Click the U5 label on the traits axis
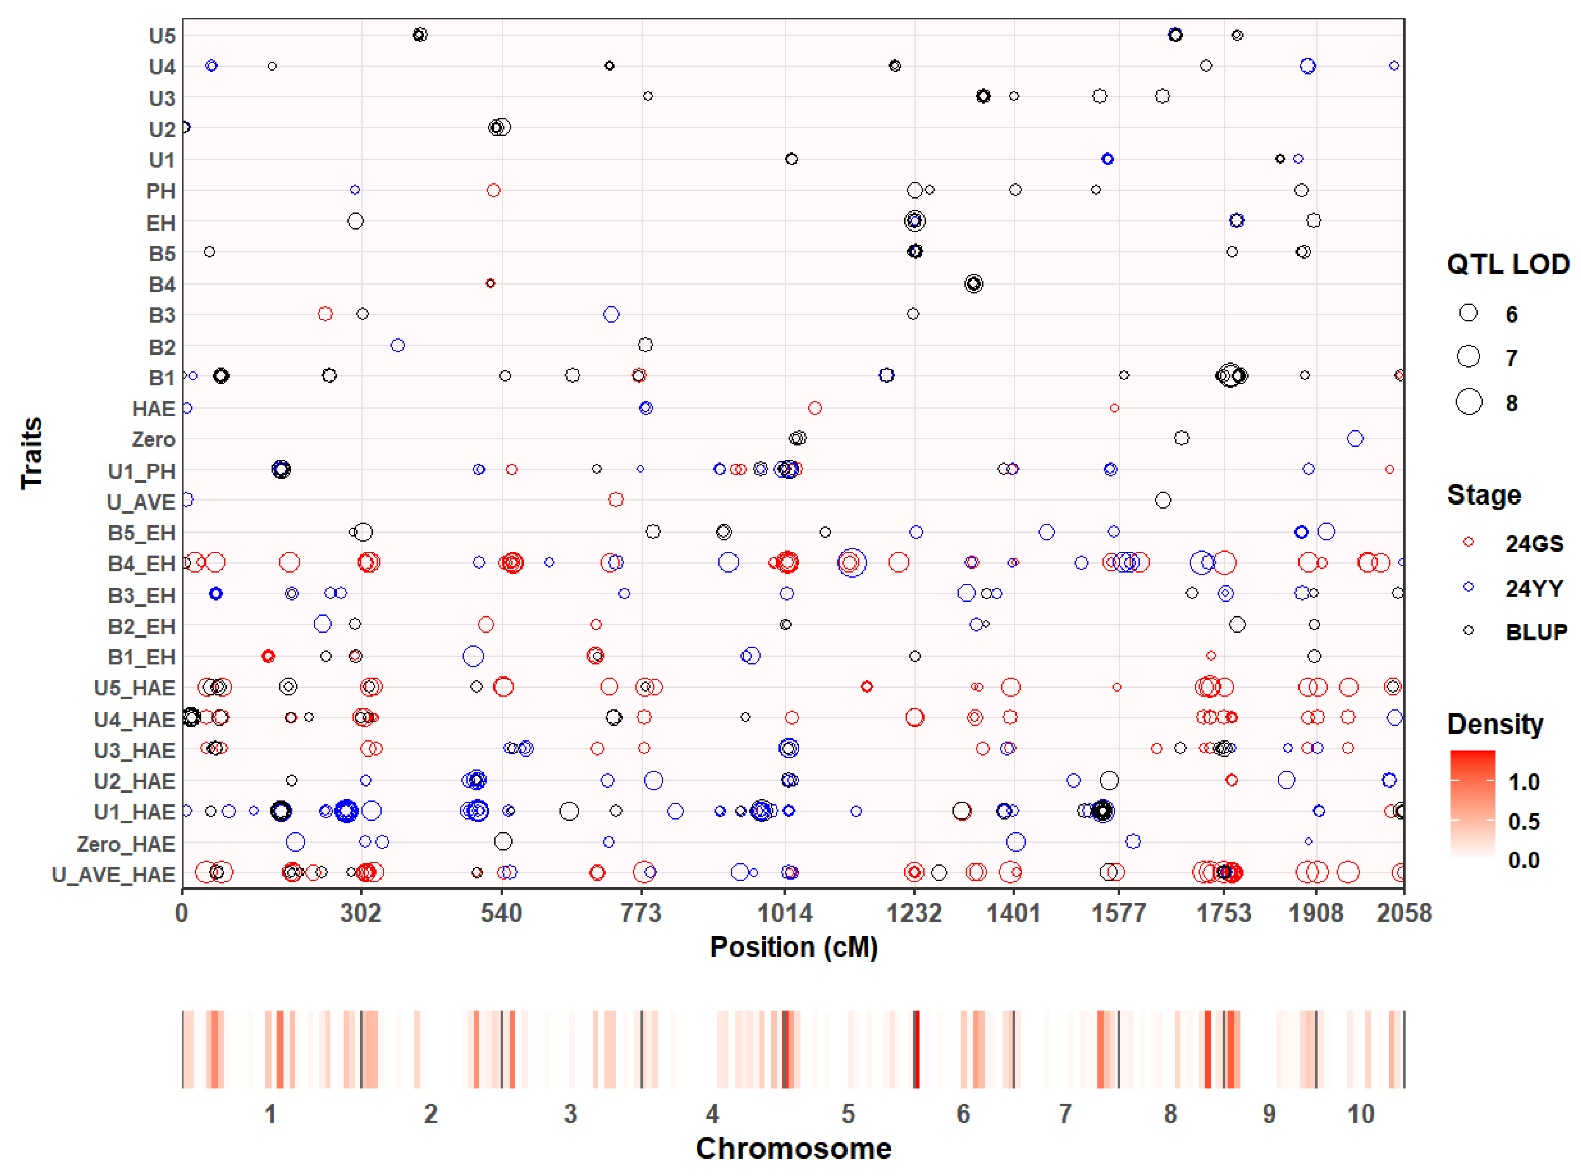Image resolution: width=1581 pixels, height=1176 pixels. [161, 36]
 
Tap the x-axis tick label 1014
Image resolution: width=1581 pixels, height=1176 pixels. [784, 913]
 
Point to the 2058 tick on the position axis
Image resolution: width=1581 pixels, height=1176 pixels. [1402, 913]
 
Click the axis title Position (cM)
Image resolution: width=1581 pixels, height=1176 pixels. [793, 947]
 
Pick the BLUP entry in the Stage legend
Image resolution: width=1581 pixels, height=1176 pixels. [1536, 632]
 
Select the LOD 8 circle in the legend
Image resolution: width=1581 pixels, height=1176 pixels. [1469, 402]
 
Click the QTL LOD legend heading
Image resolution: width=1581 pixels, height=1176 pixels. [1508, 264]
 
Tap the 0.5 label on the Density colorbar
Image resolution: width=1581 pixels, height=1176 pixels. [1523, 821]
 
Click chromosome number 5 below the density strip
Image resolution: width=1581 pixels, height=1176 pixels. [848, 1113]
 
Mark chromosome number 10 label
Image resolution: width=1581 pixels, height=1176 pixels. [1361, 1113]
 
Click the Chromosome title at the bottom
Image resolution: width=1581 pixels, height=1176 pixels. [793, 1148]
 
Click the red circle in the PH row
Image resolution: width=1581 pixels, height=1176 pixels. [493, 190]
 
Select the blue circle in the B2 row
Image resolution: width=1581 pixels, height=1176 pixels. [398, 345]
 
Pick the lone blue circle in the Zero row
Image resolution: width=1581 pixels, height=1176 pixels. [1354, 438]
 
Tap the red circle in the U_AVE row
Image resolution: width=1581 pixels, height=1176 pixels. [616, 500]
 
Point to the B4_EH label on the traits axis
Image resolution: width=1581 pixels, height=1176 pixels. [141, 564]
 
